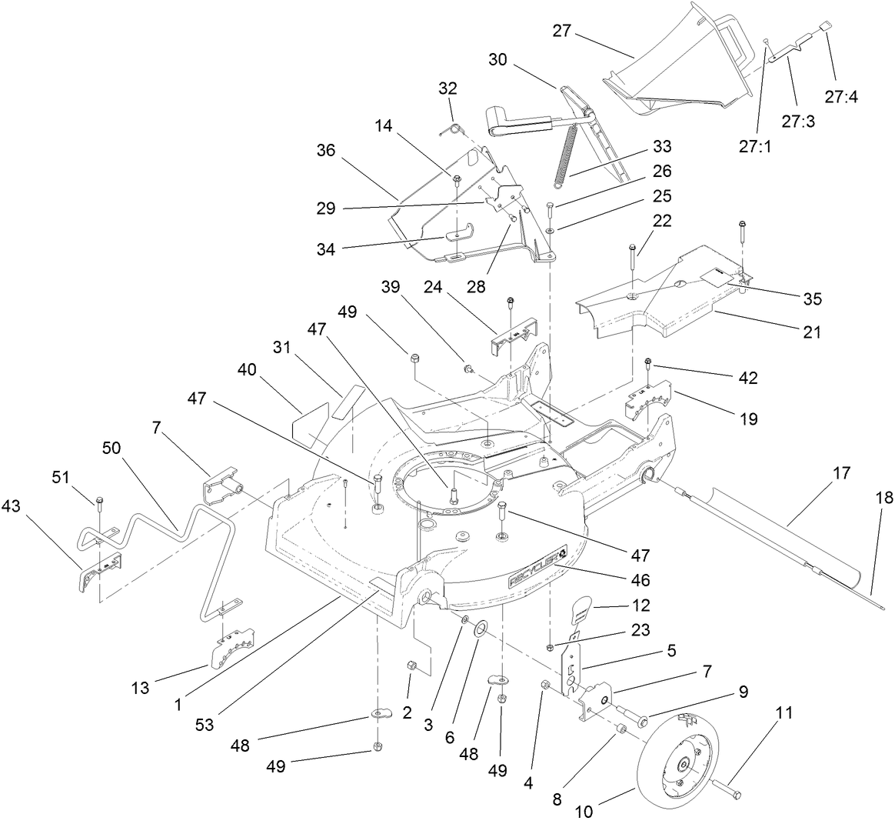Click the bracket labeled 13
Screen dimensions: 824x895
[231, 647]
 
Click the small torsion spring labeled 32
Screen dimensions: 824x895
[453, 130]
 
